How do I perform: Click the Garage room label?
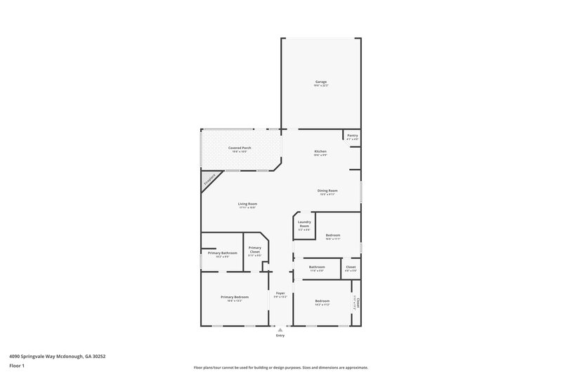pyautogui.click(x=321, y=82)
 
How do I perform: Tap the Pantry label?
pyautogui.click(x=353, y=136)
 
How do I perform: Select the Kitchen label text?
pyautogui.click(x=320, y=152)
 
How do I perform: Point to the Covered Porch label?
pyautogui.click(x=240, y=148)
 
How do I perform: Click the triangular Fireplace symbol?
pyautogui.click(x=209, y=180)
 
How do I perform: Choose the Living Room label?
pyautogui.click(x=247, y=205)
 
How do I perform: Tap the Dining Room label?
pyautogui.click(x=328, y=191)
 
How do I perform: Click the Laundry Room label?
pyautogui.click(x=304, y=224)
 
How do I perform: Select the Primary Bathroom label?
pyautogui.click(x=222, y=253)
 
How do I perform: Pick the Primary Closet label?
pyautogui.click(x=254, y=250)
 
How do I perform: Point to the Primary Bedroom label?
pyautogui.click(x=235, y=298)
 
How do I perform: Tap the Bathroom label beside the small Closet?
pyautogui.click(x=317, y=267)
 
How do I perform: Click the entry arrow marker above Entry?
pyautogui.click(x=280, y=328)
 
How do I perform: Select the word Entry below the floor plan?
pyautogui.click(x=280, y=336)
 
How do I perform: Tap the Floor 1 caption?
pyautogui.click(x=18, y=366)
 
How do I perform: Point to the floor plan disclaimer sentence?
pyautogui.click(x=280, y=367)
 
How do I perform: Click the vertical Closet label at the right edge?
pyautogui.click(x=357, y=303)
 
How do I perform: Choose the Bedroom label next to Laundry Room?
pyautogui.click(x=332, y=236)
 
